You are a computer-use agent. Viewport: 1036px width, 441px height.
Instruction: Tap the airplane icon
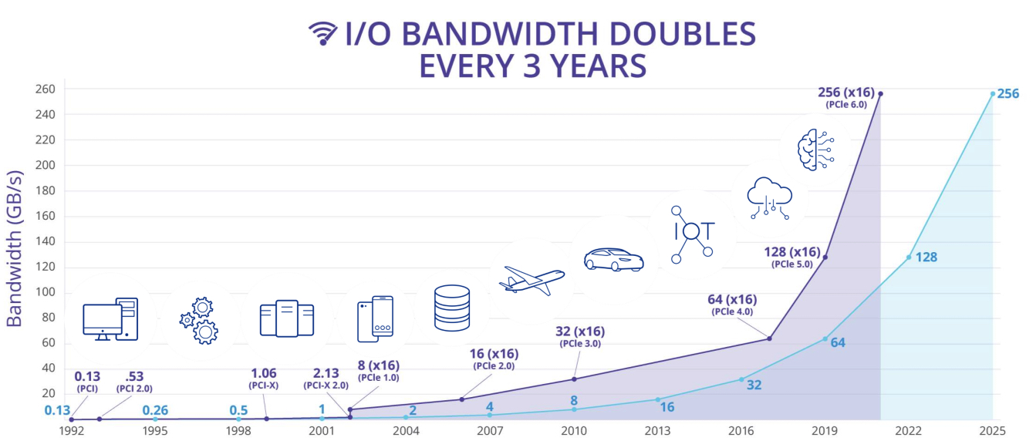click(x=531, y=279)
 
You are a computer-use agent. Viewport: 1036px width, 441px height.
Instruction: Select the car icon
click(x=613, y=259)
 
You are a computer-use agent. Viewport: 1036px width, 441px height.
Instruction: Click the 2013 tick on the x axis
click(x=657, y=430)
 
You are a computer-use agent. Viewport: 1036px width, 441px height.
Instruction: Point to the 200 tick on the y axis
click(x=43, y=165)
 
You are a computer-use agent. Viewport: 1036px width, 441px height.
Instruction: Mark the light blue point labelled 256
click(x=993, y=94)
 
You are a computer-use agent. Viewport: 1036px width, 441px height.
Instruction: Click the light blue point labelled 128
click(x=909, y=257)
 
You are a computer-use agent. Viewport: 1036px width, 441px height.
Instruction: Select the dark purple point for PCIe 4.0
click(x=769, y=338)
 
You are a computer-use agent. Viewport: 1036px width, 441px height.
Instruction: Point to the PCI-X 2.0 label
click(x=326, y=385)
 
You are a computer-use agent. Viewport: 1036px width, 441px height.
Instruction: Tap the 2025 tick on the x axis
click(x=993, y=430)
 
